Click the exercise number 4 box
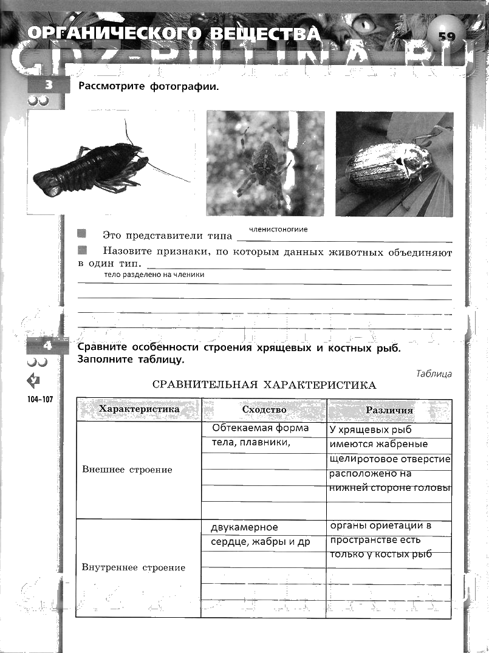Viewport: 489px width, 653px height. click(x=47, y=346)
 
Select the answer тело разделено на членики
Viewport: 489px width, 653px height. click(x=154, y=275)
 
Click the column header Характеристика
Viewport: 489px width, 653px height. click(x=139, y=409)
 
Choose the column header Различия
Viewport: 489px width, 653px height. click(x=389, y=410)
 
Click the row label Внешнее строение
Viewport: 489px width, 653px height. click(x=127, y=470)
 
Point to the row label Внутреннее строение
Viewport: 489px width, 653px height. click(x=134, y=567)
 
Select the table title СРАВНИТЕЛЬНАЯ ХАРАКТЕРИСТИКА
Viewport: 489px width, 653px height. click(x=264, y=385)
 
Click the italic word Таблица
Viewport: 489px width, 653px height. click(x=434, y=374)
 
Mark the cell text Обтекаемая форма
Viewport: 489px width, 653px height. click(x=260, y=428)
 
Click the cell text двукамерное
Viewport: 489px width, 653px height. click(x=244, y=527)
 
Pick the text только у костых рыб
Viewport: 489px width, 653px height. click(x=381, y=554)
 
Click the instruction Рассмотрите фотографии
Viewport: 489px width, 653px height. click(x=148, y=86)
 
